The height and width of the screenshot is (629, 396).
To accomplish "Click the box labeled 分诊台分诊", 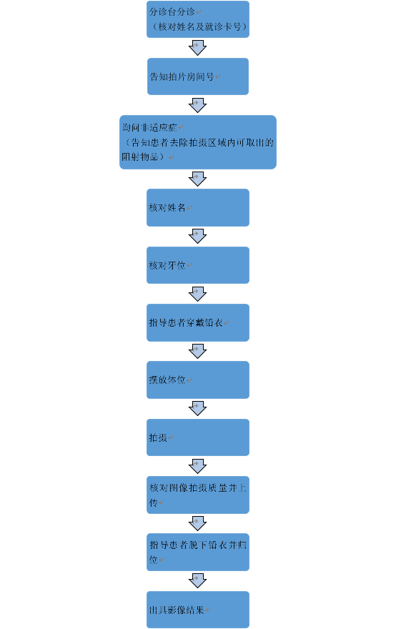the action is (x=198, y=19).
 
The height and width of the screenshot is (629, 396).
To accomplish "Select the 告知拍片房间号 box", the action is (x=198, y=76).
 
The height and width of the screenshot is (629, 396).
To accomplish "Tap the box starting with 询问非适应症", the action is (x=198, y=142).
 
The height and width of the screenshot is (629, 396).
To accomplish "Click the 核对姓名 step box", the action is (x=198, y=207).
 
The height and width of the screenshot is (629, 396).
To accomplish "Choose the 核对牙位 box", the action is (x=198, y=265).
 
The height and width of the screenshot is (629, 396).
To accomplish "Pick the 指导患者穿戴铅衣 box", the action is (x=198, y=322).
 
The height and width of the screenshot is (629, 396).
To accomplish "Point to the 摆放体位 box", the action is (x=198, y=380).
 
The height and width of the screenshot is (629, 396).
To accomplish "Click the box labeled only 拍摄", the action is (x=198, y=437).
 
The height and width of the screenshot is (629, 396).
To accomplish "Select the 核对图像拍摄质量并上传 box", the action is (x=198, y=495).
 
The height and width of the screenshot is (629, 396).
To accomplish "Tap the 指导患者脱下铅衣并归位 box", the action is (x=198, y=552).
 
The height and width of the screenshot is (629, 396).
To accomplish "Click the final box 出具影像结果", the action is (x=198, y=610).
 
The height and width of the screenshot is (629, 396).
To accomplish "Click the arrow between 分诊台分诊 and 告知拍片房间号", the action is (x=198, y=48).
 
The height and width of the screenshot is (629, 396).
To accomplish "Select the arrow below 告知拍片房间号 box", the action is (x=198, y=105).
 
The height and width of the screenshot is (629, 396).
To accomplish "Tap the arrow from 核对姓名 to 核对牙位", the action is (x=198, y=237).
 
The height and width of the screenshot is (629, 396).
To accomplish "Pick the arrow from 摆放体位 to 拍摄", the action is (x=198, y=409).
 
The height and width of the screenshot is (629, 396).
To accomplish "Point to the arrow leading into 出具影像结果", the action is (x=198, y=581).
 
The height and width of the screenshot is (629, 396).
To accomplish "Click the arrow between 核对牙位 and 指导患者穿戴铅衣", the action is (x=198, y=294).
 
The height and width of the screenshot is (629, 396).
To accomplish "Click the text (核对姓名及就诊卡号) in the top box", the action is (x=199, y=26).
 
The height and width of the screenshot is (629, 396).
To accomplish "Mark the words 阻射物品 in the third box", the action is (x=139, y=157).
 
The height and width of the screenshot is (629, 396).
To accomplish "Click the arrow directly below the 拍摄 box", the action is (x=198, y=466).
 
